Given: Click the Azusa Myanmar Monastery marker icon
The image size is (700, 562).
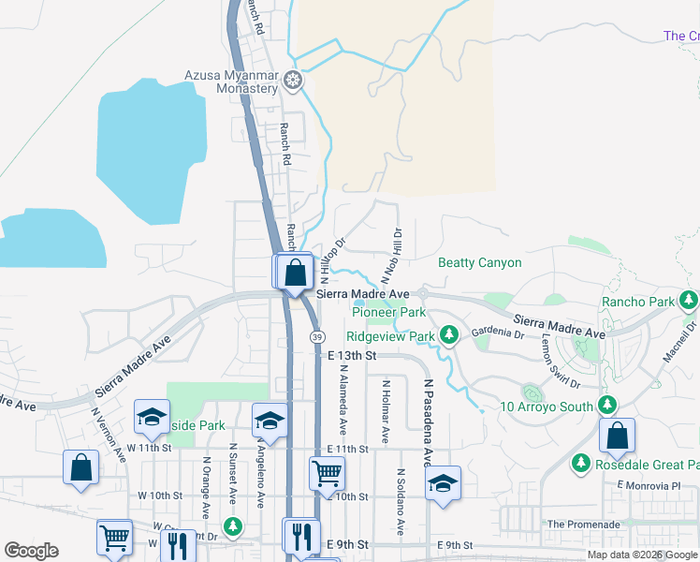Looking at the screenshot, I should pyautogui.click(x=293, y=81).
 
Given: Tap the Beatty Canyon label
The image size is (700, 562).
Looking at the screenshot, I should pyautogui.click(x=479, y=263).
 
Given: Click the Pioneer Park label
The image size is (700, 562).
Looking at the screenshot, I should pyautogui.click(x=388, y=312).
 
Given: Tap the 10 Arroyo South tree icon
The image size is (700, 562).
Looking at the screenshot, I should pyautogui.click(x=607, y=406).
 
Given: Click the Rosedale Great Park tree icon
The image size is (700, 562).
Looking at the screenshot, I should pyautogui.click(x=581, y=464).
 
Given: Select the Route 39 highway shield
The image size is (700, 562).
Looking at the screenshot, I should pyautogui.click(x=319, y=336).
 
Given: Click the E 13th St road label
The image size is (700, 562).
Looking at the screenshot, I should pyautogui.click(x=352, y=356).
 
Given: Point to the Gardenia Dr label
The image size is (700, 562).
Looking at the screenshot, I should pyautogui.click(x=498, y=333).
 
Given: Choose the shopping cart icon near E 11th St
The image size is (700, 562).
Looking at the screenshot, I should pyautogui.click(x=327, y=473).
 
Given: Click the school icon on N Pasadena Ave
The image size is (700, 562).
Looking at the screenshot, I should pyautogui.click(x=443, y=482).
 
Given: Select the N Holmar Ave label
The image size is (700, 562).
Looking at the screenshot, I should pyautogui.click(x=384, y=412).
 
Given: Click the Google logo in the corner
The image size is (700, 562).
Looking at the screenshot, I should pyautogui.click(x=31, y=551).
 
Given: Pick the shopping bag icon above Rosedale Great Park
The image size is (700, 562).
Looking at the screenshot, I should pyautogui.click(x=617, y=435).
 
